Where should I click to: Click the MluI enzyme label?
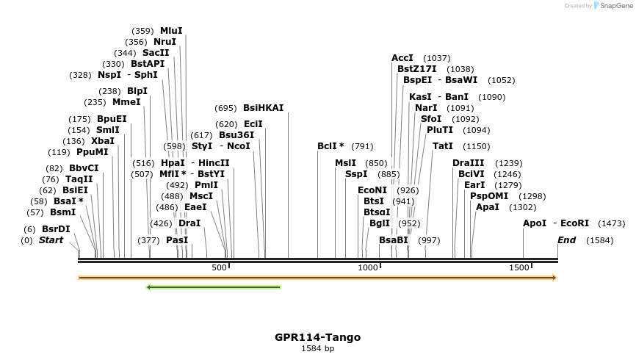171,31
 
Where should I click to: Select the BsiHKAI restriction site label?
263,107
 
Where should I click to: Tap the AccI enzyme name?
402,58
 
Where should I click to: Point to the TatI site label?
443,146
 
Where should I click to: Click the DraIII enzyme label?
468,163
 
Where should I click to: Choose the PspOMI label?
488,196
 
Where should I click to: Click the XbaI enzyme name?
103,141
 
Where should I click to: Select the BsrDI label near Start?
56,229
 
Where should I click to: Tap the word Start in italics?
51,240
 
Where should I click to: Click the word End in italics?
566,240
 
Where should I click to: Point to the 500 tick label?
219,268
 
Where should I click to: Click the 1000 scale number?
368,268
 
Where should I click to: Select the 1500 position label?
518,268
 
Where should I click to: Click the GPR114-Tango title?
318,337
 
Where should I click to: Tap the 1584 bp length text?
318,348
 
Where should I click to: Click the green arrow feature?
214,287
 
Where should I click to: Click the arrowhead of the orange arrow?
554,278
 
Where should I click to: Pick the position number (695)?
226,107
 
